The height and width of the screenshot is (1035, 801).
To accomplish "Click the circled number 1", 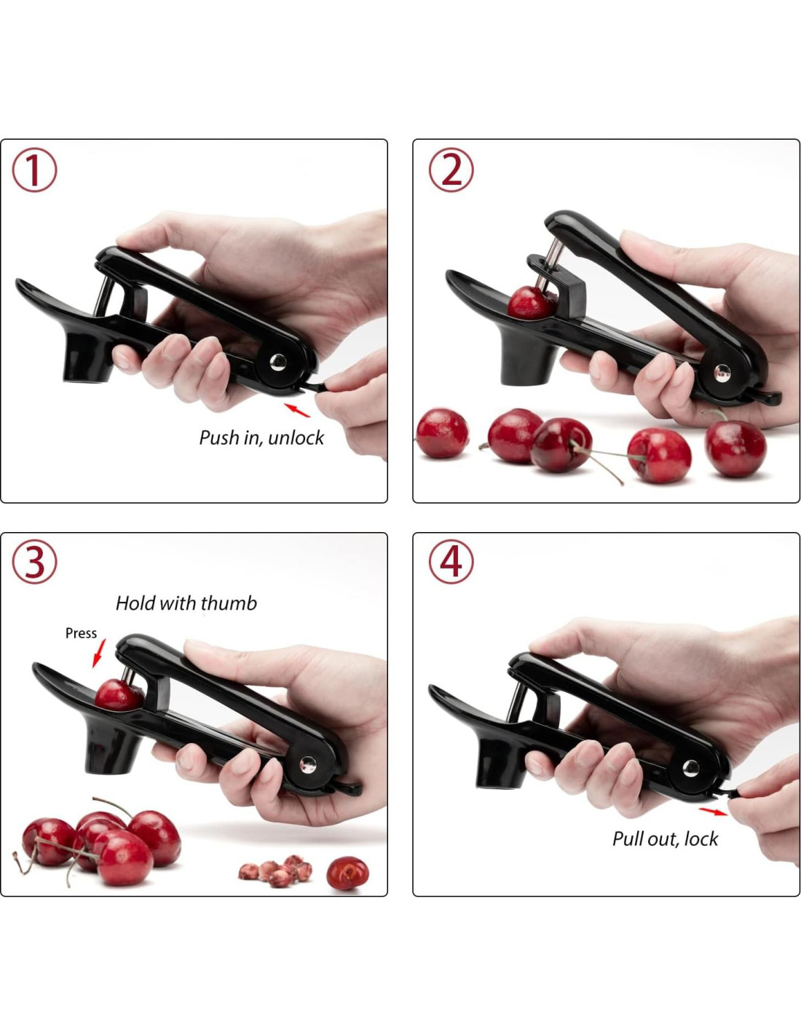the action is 34,170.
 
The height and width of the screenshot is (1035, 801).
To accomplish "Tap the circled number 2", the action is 451,170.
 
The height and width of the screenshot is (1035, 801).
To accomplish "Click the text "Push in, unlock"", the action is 261,437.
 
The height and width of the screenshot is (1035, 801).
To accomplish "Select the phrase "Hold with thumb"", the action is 186,603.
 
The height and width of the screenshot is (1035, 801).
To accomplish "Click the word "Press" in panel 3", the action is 81,633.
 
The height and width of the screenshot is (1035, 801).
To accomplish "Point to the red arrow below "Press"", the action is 98,654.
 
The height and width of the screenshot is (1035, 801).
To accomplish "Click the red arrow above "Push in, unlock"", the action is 297,410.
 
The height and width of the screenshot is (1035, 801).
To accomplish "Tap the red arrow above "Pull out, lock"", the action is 714,811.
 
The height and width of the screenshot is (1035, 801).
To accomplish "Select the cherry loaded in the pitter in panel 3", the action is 118,696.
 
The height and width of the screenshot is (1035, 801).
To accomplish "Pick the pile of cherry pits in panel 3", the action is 275,871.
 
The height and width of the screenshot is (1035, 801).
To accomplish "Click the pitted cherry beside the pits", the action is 347,873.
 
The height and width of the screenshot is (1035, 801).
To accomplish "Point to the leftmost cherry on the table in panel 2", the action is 442,433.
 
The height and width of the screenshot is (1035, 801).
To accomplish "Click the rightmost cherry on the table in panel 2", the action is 735,448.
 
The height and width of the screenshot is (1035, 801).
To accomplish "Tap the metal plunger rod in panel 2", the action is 548,265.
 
